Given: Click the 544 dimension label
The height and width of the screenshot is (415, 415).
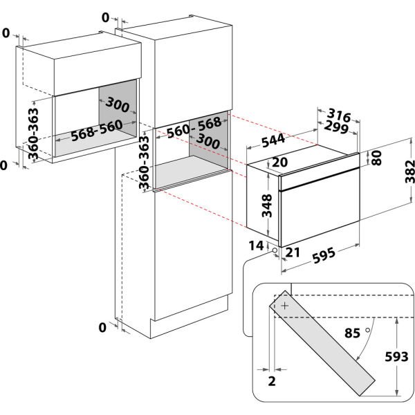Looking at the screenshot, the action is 273,140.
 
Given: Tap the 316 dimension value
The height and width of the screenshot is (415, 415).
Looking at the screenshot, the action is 339,116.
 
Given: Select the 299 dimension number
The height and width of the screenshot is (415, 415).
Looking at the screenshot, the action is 336,127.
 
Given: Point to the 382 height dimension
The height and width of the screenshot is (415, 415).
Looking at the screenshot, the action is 410,172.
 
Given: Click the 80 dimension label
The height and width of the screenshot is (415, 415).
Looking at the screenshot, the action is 376,158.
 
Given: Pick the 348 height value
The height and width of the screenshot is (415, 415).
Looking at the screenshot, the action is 267,205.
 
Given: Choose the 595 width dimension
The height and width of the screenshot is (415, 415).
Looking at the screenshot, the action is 324,255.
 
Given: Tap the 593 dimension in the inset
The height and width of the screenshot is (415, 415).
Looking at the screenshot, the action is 396,356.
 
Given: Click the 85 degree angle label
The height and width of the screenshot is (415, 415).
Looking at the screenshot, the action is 352,333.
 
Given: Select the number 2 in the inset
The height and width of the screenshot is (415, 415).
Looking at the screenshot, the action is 272,381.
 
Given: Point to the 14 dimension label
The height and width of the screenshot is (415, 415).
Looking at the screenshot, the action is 257,246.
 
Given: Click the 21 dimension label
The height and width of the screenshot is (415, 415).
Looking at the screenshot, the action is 293,252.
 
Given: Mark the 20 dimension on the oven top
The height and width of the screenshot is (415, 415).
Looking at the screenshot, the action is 279,162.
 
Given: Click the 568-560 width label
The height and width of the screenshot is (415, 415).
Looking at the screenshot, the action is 97,131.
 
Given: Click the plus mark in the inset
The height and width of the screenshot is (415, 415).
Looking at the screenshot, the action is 285,306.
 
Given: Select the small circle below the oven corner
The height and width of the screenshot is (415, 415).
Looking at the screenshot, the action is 275,250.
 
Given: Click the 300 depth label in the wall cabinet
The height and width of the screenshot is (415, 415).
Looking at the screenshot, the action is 118,104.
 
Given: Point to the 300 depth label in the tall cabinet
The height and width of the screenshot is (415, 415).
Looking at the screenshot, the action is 208,141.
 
